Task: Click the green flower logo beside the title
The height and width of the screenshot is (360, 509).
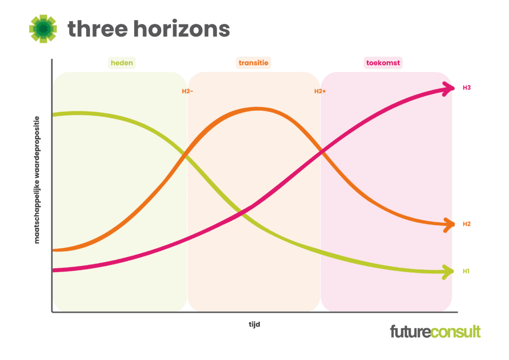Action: [x=43, y=28]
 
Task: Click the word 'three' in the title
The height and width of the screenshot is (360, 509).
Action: [x=98, y=28]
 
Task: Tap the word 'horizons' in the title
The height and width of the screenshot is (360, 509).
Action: [x=182, y=28]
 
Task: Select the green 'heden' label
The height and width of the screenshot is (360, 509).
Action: [x=122, y=63]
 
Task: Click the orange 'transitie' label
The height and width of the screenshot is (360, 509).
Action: [x=254, y=63]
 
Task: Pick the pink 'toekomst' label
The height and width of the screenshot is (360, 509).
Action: [x=383, y=63]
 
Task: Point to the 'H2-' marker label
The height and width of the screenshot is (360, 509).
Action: [x=187, y=91]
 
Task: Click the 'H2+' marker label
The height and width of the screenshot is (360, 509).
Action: [x=320, y=91]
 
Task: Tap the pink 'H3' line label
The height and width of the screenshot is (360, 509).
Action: [x=467, y=88]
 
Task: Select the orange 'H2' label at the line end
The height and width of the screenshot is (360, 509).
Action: [x=467, y=224]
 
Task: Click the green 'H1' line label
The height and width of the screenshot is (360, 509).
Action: [x=466, y=271]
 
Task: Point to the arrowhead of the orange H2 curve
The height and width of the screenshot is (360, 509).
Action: [x=449, y=224]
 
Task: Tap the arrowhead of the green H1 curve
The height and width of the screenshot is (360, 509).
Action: [x=449, y=271]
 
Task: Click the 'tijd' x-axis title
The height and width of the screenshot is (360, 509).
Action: [x=254, y=324]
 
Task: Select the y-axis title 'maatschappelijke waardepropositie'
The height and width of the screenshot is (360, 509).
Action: [x=37, y=180]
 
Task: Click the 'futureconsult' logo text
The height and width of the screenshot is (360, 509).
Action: [x=435, y=332]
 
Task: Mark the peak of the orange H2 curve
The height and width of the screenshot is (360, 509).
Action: [x=257, y=109]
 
